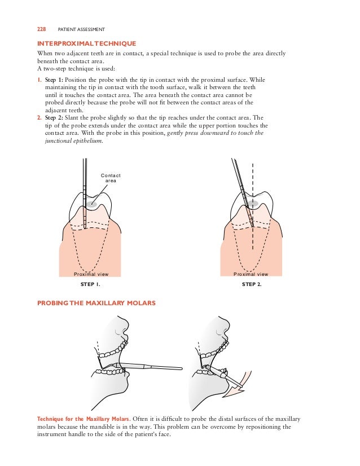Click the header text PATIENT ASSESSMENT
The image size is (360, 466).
(82, 28)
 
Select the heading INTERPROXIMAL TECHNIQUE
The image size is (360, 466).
(86, 43)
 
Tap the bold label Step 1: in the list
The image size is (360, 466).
(54, 80)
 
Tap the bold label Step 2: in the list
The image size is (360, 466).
(54, 117)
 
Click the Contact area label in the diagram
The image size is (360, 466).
(111, 178)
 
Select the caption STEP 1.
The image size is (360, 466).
(91, 285)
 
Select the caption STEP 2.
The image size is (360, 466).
(252, 285)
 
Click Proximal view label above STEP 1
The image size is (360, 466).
(91, 274)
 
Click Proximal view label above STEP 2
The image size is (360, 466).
(252, 274)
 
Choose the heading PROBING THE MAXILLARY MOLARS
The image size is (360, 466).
(96, 304)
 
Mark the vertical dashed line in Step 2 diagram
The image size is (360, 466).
(252, 226)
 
